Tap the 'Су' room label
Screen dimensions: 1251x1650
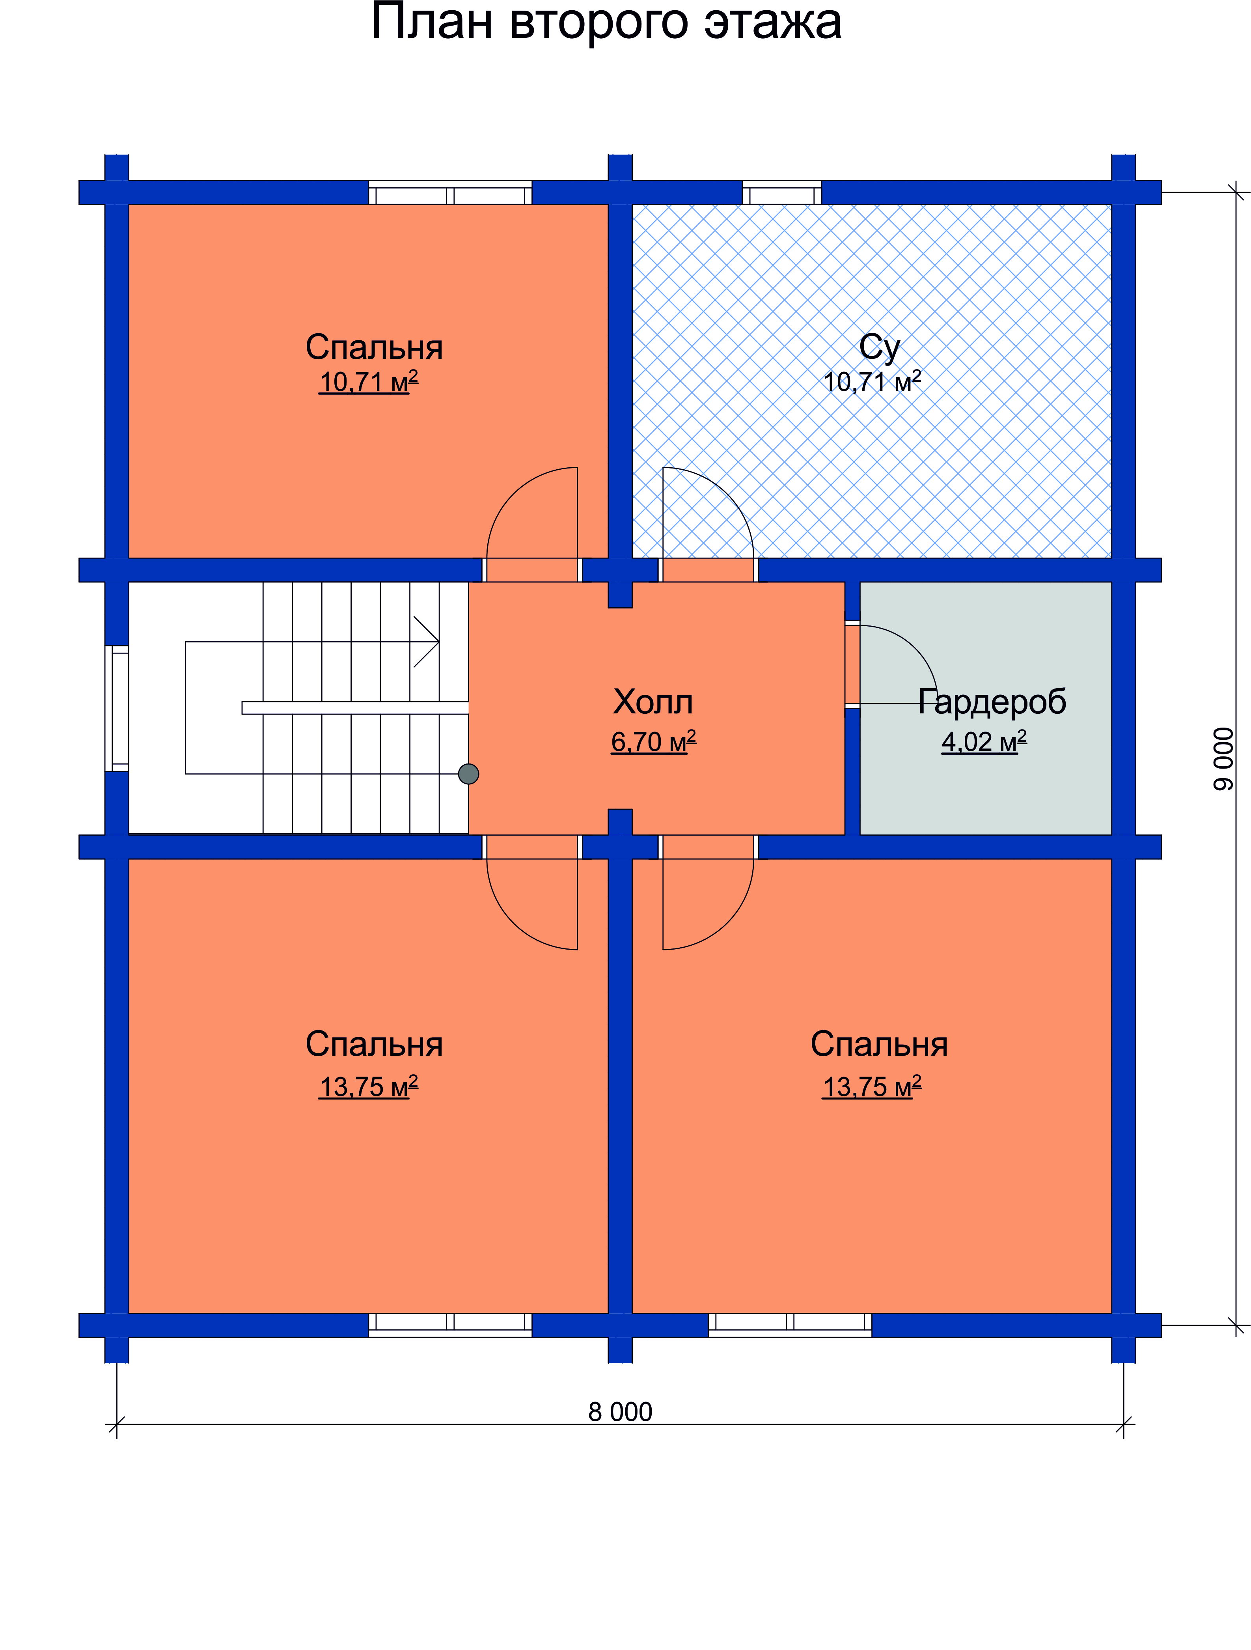[x=880, y=347]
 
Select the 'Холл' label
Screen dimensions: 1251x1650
[x=653, y=702]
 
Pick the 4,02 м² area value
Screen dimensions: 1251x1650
[x=984, y=741]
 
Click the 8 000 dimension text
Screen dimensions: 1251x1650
[x=620, y=1412]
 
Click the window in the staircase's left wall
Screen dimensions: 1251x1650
[x=117, y=708]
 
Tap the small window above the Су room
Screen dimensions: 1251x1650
[x=782, y=192]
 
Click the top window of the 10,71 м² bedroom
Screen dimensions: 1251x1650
[x=450, y=192]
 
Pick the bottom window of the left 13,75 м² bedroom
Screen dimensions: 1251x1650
[x=450, y=1325]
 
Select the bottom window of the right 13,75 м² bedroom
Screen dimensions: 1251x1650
[x=790, y=1325]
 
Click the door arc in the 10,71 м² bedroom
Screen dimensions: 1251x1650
[x=513, y=494]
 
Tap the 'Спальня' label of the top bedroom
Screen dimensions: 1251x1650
[x=374, y=347]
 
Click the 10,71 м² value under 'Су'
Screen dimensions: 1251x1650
[x=872, y=381]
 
